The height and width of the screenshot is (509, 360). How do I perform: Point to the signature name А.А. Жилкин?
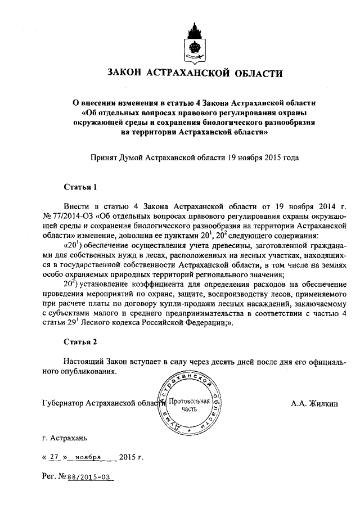coord(314,403)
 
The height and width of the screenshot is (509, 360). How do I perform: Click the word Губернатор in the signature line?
coord(64,403)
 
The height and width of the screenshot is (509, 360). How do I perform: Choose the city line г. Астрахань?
coord(65,437)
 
